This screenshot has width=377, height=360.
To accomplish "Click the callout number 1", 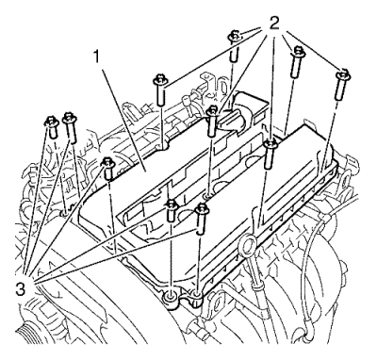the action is (x=97, y=57).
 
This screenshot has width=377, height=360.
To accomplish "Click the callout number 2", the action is (x=274, y=23).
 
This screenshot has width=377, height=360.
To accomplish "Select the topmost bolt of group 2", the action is (x=235, y=46).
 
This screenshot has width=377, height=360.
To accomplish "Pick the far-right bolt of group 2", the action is (x=343, y=85).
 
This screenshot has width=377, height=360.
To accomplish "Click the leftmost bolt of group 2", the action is (x=160, y=90).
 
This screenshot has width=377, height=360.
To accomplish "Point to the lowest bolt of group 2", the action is (x=270, y=155).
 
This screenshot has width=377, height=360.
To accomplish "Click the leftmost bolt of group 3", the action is (x=52, y=126).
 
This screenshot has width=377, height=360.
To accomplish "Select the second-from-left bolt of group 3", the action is (x=70, y=126).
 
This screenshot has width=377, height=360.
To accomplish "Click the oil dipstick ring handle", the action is (x=248, y=245).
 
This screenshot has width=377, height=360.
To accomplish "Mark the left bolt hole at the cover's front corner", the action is (x=172, y=296).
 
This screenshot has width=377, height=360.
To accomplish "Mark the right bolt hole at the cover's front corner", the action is (x=195, y=296).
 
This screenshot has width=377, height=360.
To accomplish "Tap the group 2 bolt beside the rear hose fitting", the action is (x=213, y=122).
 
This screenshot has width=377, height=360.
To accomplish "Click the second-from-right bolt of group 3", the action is (x=172, y=209).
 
